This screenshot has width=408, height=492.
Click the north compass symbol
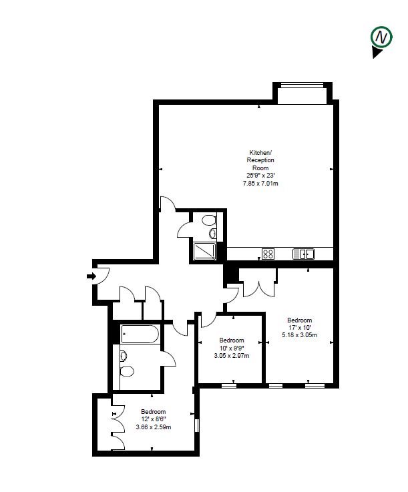381,39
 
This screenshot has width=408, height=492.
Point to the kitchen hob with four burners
268,254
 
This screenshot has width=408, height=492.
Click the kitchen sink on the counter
303,254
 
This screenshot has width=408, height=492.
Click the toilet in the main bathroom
126,369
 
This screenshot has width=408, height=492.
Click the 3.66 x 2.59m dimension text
153,427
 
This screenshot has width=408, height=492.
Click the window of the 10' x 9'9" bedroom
229,385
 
